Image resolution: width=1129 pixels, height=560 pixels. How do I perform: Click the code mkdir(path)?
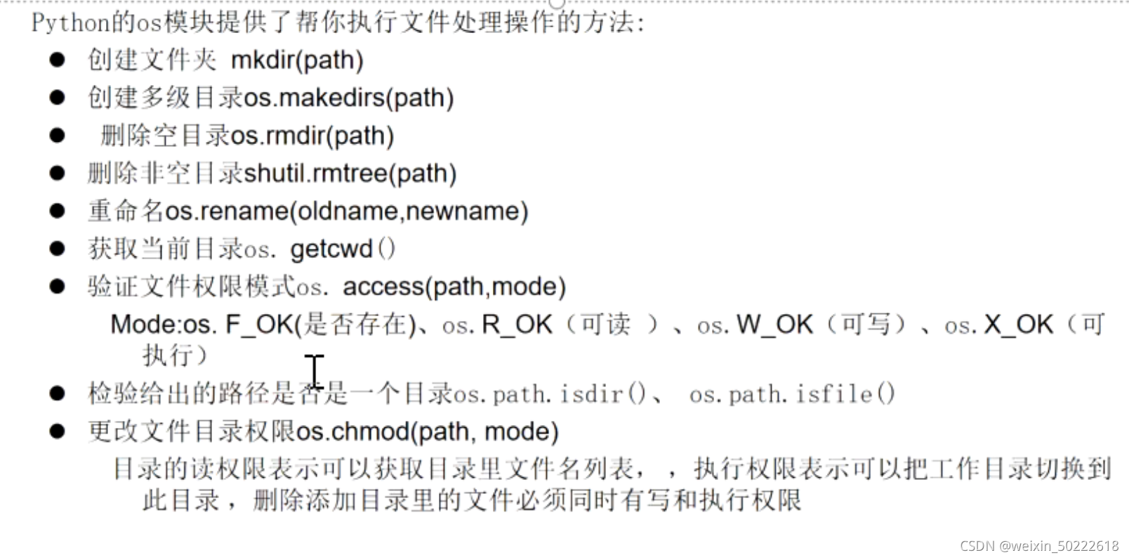(297, 60)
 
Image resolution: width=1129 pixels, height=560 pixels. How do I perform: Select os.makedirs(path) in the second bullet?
(349, 98)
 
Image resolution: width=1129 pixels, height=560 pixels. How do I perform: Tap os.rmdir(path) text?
(312, 136)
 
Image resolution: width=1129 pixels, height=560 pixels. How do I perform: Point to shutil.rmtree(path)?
(350, 174)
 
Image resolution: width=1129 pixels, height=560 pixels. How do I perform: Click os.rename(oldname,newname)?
(346, 211)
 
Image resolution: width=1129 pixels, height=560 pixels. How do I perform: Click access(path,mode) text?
(454, 287)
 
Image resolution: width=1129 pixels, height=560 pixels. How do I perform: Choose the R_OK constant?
(517, 325)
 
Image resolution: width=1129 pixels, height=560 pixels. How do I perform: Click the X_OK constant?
(1019, 325)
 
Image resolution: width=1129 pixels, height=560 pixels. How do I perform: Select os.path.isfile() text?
(792, 394)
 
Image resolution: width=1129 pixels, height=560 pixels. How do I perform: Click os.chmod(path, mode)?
(428, 431)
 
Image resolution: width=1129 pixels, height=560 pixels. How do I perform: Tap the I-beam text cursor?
(314, 370)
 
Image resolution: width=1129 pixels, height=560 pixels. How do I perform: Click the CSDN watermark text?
(1039, 546)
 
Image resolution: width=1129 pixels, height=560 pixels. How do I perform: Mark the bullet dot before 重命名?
(58, 211)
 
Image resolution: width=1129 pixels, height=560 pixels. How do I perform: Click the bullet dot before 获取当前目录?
(58, 249)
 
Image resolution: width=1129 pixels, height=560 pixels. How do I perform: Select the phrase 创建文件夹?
(152, 60)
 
